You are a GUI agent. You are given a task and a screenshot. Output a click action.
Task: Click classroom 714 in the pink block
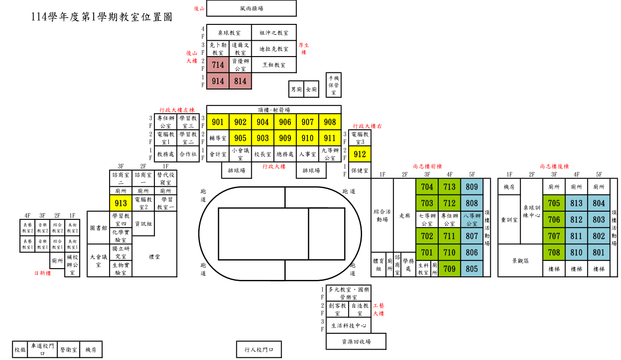[218, 65]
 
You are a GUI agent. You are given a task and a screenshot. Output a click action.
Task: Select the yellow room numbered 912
[360, 154]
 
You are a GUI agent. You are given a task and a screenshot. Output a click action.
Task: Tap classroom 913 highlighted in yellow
[121, 203]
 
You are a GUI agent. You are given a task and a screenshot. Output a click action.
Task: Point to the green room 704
[427, 187]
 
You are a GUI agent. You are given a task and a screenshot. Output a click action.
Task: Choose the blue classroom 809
[472, 187]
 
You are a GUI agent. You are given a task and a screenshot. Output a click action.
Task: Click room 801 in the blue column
[598, 252]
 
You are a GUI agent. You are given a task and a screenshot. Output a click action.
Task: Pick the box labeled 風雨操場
[251, 8]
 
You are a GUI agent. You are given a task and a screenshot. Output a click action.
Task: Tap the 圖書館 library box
[98, 228]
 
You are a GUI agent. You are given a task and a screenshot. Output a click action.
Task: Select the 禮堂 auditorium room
[154, 256]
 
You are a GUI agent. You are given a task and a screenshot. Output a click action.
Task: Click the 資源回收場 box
[356, 341]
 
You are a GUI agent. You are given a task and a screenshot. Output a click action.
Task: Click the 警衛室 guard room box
[68, 350]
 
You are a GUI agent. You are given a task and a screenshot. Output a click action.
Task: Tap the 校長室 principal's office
[263, 154]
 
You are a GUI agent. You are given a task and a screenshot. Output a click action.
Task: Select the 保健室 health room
[360, 171]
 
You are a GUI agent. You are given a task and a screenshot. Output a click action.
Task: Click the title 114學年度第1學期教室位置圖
[101, 17]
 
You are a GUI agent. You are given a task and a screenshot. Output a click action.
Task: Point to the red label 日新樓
[43, 273]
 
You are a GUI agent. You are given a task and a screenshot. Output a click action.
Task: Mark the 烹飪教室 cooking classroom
[274, 65]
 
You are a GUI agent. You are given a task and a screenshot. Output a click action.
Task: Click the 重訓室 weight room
[509, 220]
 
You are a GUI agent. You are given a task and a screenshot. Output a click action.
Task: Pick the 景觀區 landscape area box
[520, 261]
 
